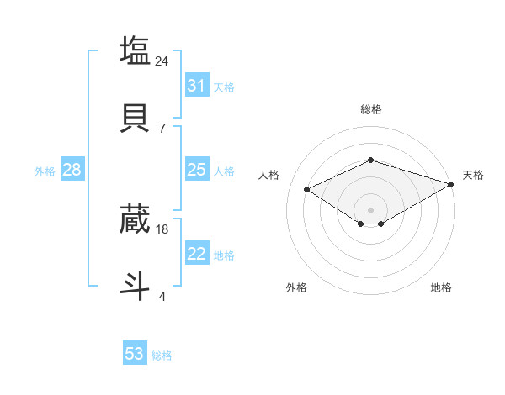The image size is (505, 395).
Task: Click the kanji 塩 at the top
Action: (x=135, y=50)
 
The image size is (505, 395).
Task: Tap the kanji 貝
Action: (x=135, y=118)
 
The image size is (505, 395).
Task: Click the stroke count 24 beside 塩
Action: (x=162, y=61)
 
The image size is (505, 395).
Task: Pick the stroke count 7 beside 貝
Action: (x=162, y=128)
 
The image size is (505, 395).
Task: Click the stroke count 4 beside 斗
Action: (x=162, y=296)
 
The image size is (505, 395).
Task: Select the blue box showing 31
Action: (x=196, y=86)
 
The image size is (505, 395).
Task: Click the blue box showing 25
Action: (x=196, y=170)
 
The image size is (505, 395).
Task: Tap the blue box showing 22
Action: (x=196, y=254)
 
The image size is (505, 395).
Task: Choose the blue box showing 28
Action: (x=72, y=170)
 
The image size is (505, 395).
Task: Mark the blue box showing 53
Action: (x=135, y=354)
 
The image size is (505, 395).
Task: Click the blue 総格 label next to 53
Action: (x=162, y=355)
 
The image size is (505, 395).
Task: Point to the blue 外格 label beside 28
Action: (x=45, y=171)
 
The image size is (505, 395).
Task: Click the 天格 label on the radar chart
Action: (x=473, y=175)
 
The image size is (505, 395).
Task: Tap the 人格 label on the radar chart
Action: (x=268, y=175)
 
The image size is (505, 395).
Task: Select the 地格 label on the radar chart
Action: (x=441, y=287)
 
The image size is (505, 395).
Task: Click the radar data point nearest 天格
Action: (x=451, y=183)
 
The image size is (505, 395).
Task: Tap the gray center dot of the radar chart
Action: (x=370, y=209)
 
